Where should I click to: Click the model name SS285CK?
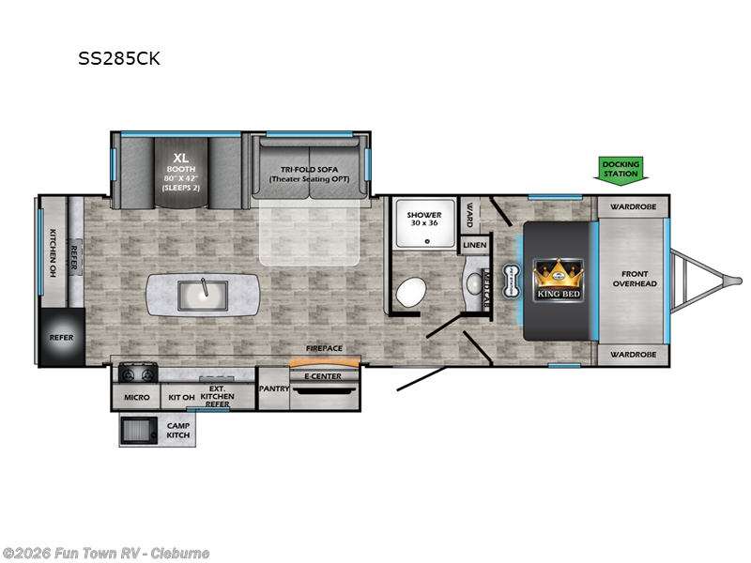click(119, 58)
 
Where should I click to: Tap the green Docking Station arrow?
click(621, 169)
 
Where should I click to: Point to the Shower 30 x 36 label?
click(423, 220)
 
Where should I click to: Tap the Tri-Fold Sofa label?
click(309, 173)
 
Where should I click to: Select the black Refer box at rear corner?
click(61, 337)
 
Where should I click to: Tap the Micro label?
click(137, 397)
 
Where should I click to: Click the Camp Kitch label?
click(178, 431)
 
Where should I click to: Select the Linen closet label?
click(472, 245)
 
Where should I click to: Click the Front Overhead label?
click(635, 279)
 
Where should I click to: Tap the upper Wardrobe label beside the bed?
click(632, 205)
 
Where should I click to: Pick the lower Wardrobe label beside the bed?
click(632, 355)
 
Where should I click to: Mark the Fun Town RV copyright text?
click(105, 553)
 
